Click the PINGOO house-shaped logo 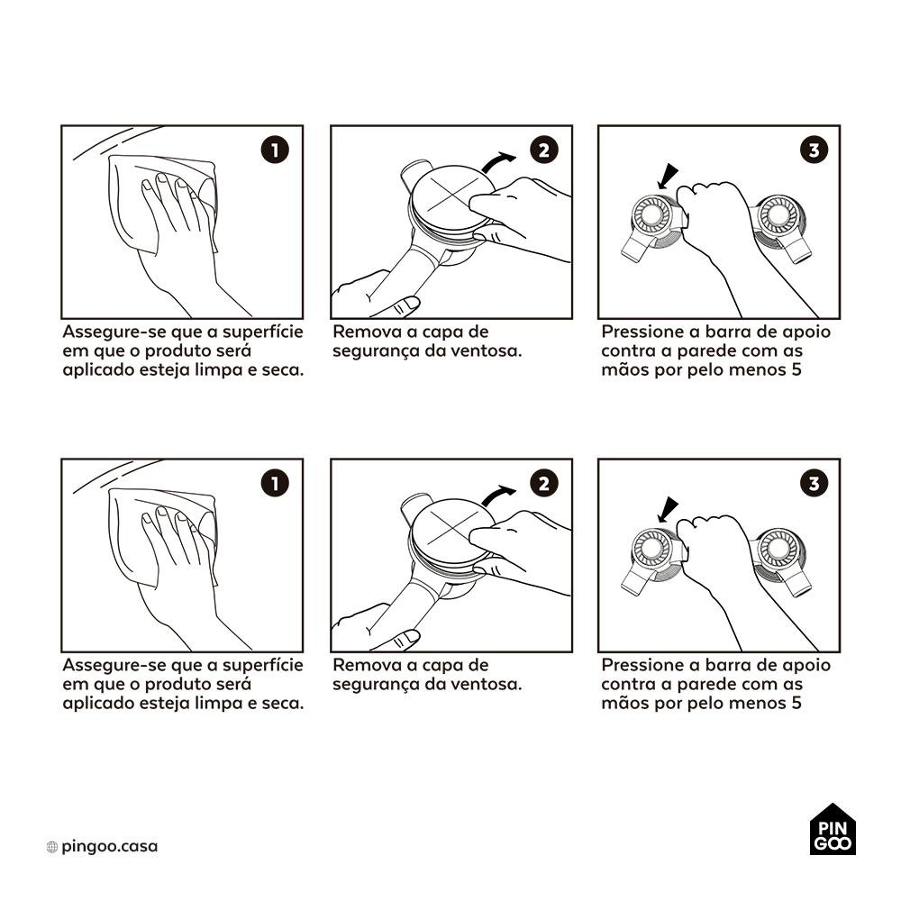pos(833,829)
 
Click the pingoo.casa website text pos(109,846)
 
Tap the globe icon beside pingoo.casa pos(51,846)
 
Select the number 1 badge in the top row pos(275,150)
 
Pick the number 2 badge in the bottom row pos(543,483)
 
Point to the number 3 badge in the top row pos(814,150)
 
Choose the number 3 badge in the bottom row pos(814,483)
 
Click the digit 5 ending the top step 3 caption pos(796,369)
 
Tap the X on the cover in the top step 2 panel pos(454,196)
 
